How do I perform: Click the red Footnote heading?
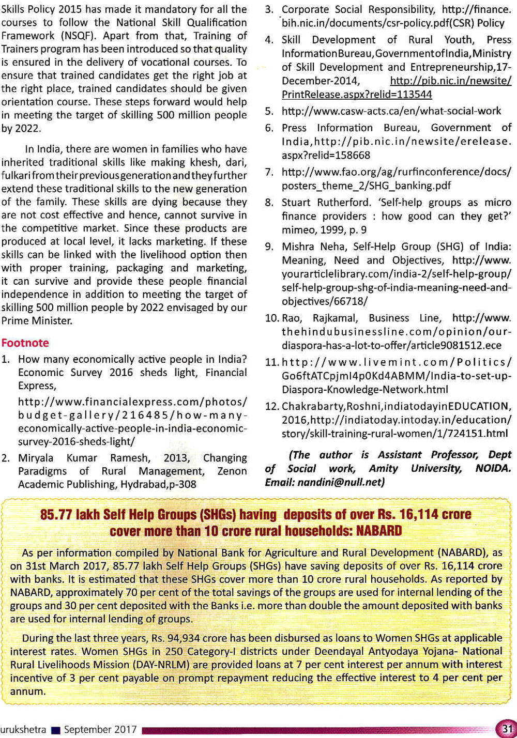25,343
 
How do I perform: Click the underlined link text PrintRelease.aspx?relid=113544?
357,95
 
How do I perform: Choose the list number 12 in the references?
271,406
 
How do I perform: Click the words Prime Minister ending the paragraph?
36,320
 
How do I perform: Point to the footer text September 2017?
100,730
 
